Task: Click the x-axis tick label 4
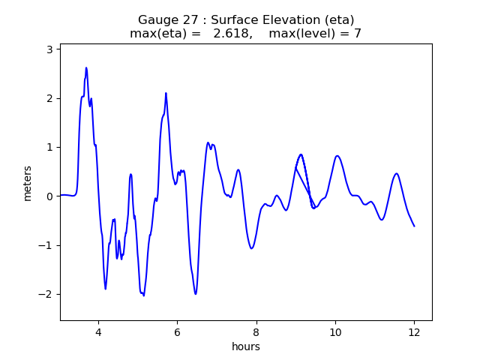[x=97, y=332]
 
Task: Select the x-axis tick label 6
[x=177, y=332]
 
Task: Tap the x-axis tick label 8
[x=256, y=332]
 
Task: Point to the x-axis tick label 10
[x=335, y=332]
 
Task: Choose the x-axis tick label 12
[x=414, y=332]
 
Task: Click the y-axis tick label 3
[x=49, y=49]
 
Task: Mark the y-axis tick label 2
[x=49, y=98]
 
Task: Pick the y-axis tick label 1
[x=49, y=147]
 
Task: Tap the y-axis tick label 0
[x=49, y=196]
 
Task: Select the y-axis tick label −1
[x=46, y=245]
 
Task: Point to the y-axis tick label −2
[x=46, y=294]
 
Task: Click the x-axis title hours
[x=246, y=346]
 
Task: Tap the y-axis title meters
[x=28, y=183]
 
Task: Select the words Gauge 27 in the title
[x=166, y=20]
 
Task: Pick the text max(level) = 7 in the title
[x=315, y=34]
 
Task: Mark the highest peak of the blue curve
[x=86, y=67]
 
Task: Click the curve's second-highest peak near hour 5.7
[x=166, y=93]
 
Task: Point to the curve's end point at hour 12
[x=414, y=226]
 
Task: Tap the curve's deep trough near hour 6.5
[x=196, y=293]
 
